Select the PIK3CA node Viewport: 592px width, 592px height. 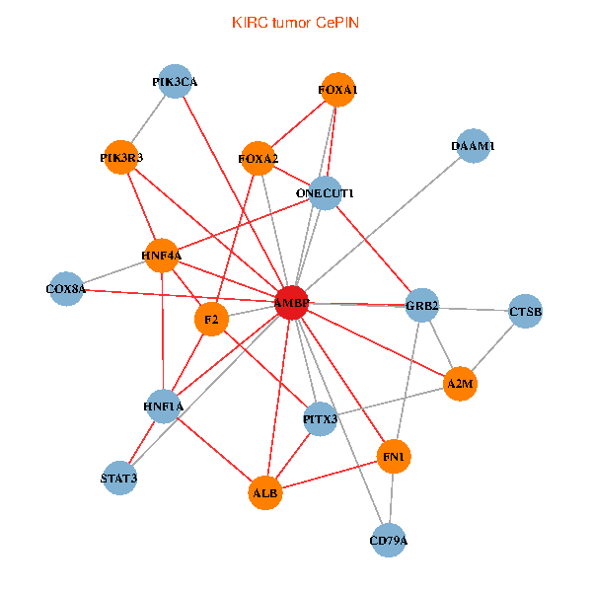(176, 83)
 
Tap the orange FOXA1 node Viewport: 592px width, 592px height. (337, 90)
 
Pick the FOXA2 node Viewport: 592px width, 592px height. (259, 158)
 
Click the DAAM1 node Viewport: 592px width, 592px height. (474, 146)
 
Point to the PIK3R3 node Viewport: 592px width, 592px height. (121, 157)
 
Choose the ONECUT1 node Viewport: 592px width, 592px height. (325, 193)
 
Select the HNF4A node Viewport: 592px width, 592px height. (162, 256)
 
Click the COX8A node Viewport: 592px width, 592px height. (66, 289)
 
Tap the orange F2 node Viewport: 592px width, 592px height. (211, 320)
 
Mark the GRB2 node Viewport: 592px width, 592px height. (422, 305)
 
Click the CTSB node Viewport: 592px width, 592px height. (525, 312)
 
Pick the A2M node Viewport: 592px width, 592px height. (460, 383)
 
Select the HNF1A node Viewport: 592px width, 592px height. (163, 406)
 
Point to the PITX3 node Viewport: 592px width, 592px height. (320, 419)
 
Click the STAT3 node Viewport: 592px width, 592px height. (119, 479)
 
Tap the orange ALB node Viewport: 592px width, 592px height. (264, 491)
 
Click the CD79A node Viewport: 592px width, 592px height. (389, 541)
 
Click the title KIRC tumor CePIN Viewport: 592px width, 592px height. (295, 22)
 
